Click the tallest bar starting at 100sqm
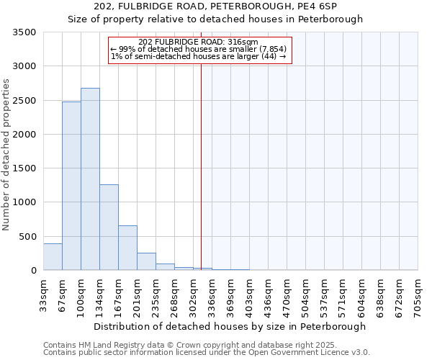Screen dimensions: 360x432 coord(90,179)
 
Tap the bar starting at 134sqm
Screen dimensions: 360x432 coord(109,228)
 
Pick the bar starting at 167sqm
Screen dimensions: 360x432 coord(127,248)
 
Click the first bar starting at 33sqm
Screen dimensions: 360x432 coord(53,257)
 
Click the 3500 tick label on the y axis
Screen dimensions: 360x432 coord(24,33)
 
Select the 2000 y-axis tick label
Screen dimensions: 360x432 coord(24,135)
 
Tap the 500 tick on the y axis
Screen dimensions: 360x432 coord(27,237)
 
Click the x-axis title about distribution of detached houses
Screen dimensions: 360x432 coord(230,326)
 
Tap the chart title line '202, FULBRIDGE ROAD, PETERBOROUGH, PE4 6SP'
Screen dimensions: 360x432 coord(215,7)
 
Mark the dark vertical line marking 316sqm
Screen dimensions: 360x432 coord(202,166)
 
